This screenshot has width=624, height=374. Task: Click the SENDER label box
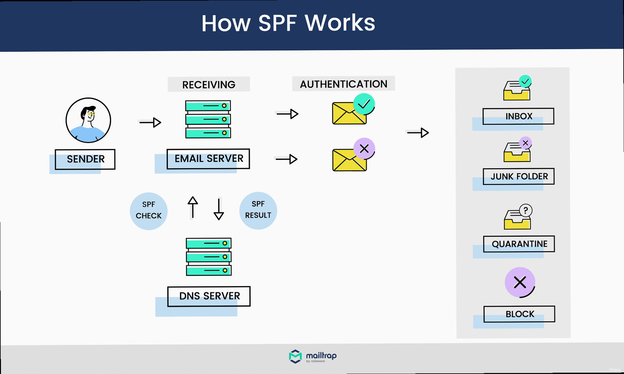(85, 159)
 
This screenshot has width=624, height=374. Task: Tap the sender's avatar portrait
(88, 120)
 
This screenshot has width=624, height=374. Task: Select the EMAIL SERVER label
(208, 159)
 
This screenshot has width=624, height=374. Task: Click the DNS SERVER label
(209, 296)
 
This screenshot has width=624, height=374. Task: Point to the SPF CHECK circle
(149, 211)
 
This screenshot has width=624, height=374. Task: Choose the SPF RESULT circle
(258, 210)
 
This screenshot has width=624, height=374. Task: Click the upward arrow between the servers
(193, 207)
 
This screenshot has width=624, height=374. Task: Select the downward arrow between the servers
(219, 209)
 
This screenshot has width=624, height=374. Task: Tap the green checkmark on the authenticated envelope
(364, 104)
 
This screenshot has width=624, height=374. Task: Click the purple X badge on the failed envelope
(364, 149)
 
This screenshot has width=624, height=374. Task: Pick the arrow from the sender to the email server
(150, 122)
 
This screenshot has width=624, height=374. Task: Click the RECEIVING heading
(209, 84)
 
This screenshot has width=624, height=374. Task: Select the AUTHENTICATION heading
(344, 84)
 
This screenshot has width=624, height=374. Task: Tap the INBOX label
(518, 116)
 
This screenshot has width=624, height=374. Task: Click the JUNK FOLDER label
(519, 176)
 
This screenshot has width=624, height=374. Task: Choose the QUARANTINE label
(519, 244)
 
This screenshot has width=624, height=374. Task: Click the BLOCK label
(519, 314)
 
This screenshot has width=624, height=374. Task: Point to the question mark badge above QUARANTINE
(526, 210)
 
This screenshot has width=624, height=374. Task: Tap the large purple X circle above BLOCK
(520, 282)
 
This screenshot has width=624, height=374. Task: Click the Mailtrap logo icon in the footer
(295, 356)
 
